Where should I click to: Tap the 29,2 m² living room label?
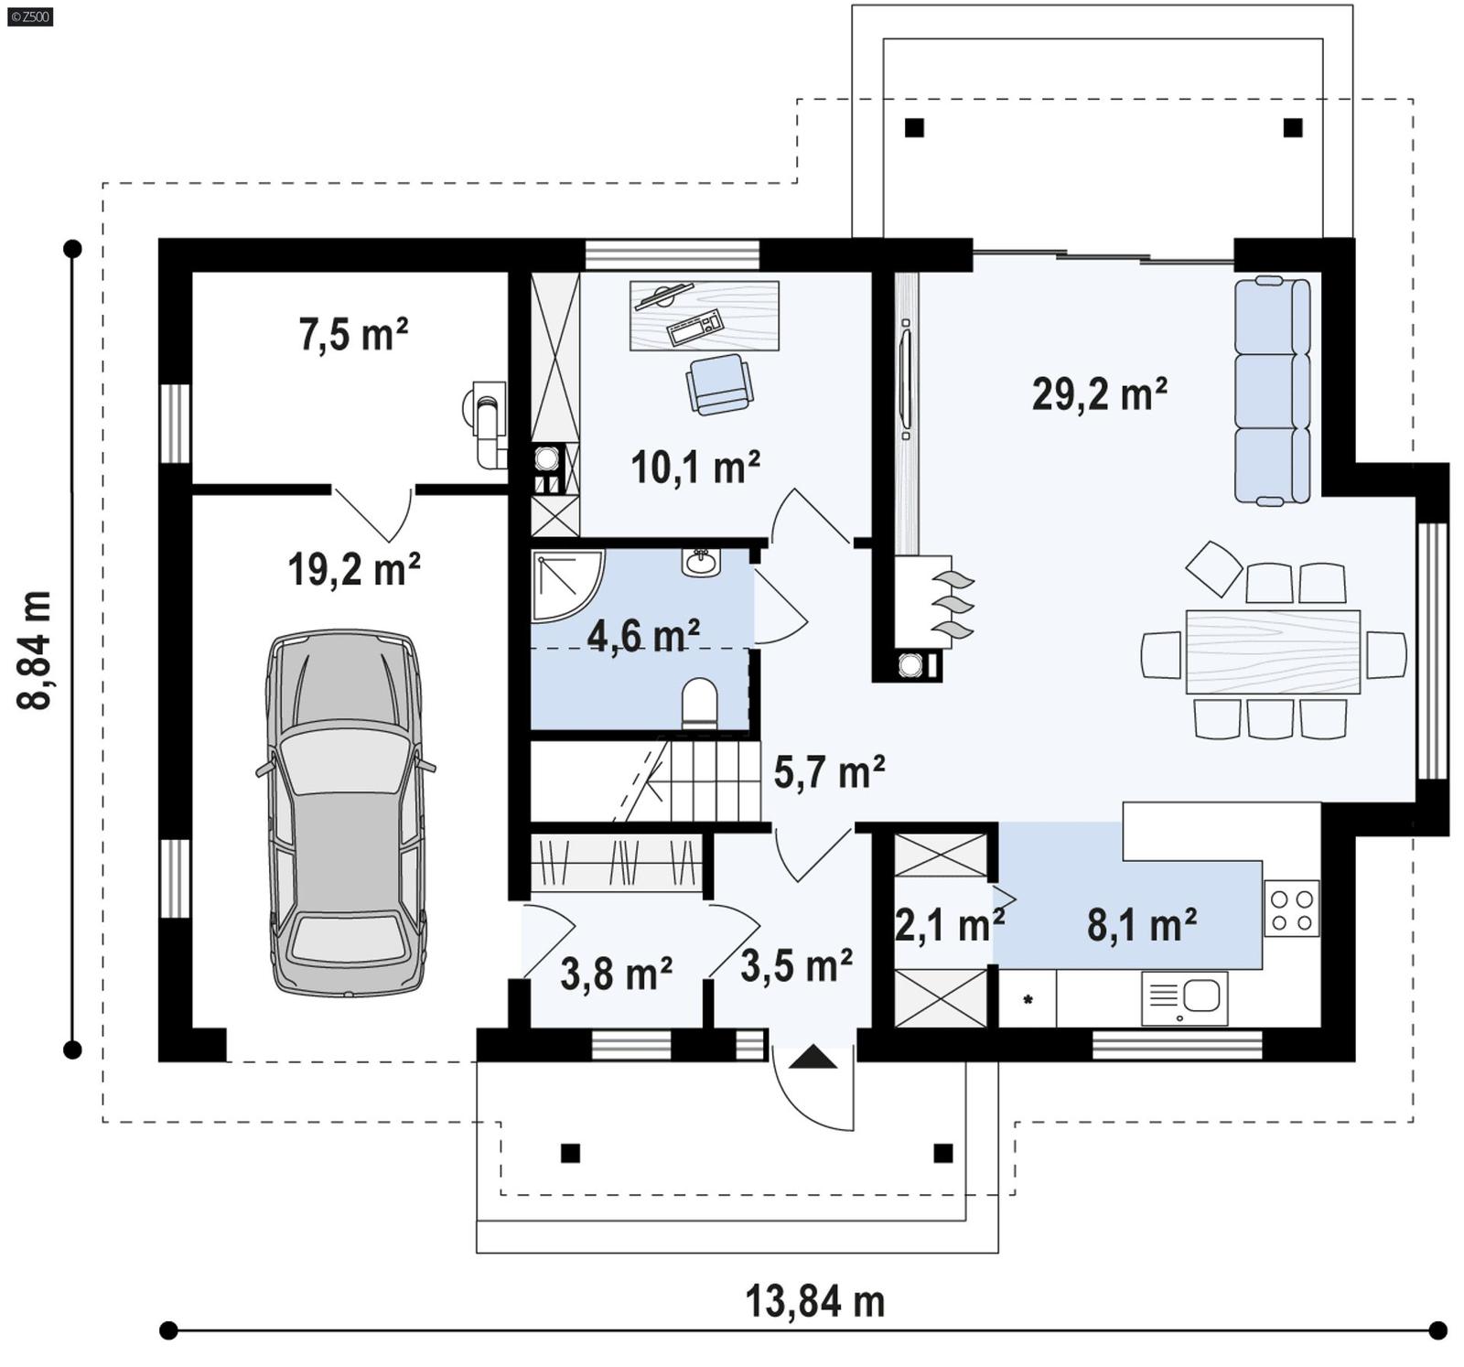[x=1099, y=394]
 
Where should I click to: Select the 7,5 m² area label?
[x=353, y=334]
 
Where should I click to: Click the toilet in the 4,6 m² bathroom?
[x=700, y=703]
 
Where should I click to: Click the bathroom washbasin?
[x=701, y=561]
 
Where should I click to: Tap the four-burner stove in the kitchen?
[x=1291, y=909]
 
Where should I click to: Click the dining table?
[x=1272, y=651]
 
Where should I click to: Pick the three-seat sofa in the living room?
[x=1272, y=392]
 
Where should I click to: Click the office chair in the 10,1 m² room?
[x=720, y=383]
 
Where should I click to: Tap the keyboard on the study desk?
[x=695, y=328]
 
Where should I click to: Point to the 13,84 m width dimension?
[x=814, y=1301]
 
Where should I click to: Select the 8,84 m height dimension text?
[x=34, y=650]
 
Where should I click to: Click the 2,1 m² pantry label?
[x=949, y=925]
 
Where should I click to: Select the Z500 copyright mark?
[x=29, y=16]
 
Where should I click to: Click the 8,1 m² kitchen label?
[x=1141, y=925]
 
